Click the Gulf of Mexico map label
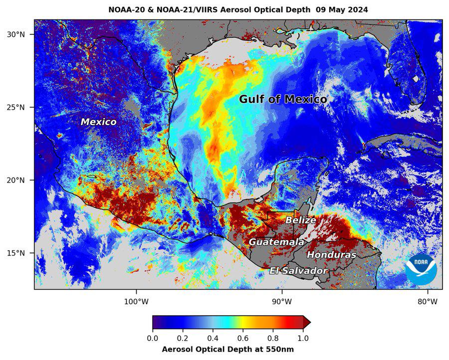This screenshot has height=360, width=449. [x=283, y=99]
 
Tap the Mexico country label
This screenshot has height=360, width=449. [x=99, y=122]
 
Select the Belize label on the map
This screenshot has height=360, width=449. [x=300, y=220]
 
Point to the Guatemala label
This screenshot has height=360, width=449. [x=276, y=242]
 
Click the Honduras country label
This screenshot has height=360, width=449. [x=331, y=255]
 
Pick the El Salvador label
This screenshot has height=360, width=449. [x=298, y=271]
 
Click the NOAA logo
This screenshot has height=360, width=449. [x=421, y=270]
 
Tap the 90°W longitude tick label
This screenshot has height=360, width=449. [x=281, y=301]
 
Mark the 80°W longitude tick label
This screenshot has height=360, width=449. [x=427, y=301]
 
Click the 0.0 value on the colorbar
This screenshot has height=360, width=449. [x=153, y=338]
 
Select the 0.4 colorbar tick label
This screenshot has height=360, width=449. [x=213, y=338]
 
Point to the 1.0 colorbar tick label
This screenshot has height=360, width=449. [x=303, y=338]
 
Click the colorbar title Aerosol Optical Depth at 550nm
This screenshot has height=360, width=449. [x=228, y=349]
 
